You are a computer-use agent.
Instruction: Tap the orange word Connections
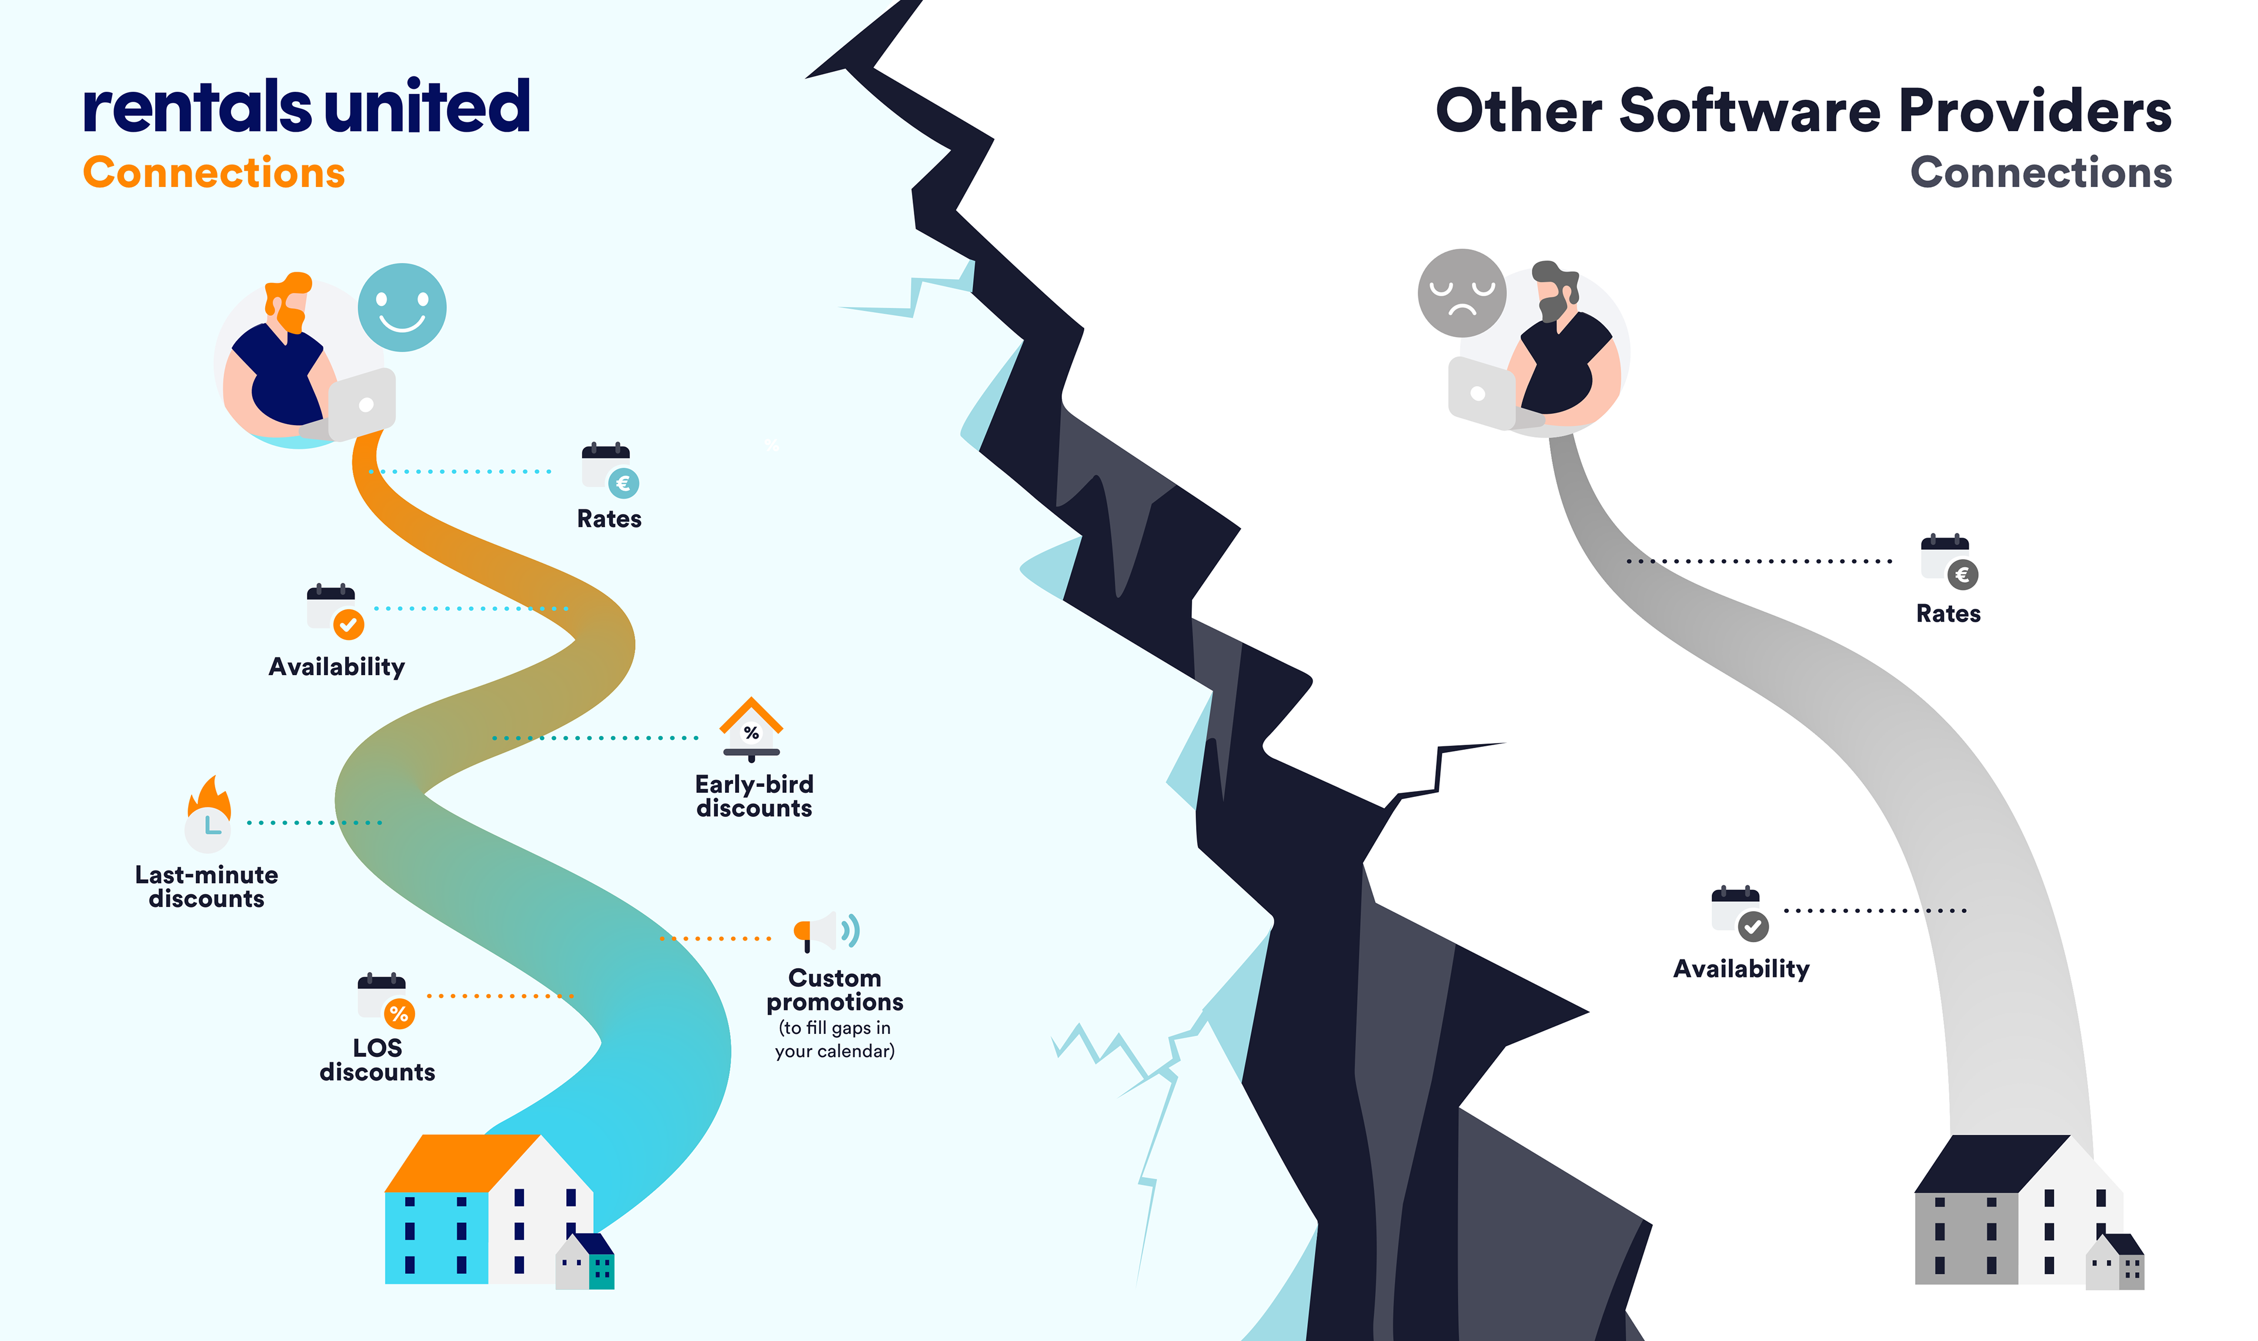(x=214, y=172)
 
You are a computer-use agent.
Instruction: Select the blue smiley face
(x=402, y=307)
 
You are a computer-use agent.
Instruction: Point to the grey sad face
(x=1461, y=293)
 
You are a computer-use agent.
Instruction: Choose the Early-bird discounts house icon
(x=750, y=728)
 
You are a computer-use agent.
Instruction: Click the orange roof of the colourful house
(x=460, y=1163)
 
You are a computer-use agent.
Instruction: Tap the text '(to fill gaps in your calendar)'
(x=834, y=1039)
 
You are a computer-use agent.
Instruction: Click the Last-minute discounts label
(x=207, y=886)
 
